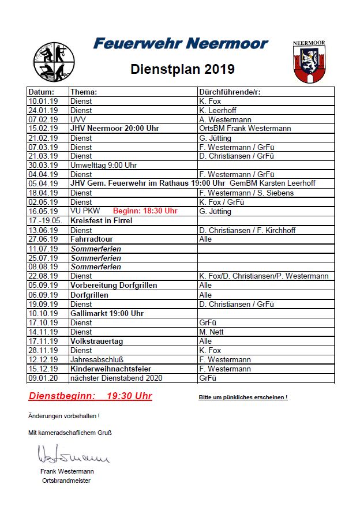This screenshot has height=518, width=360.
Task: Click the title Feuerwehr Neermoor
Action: click(181, 44)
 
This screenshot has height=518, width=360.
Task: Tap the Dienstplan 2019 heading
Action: click(182, 69)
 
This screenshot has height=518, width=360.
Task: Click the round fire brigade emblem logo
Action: click(54, 62)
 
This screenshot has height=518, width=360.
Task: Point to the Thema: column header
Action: click(84, 92)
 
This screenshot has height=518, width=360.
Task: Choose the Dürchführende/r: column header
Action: click(230, 92)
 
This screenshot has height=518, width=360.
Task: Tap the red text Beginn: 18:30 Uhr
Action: click(145, 211)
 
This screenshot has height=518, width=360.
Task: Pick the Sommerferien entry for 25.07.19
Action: click(96, 257)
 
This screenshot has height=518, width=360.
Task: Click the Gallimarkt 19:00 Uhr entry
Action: click(107, 313)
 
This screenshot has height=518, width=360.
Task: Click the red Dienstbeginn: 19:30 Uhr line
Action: click(91, 396)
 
